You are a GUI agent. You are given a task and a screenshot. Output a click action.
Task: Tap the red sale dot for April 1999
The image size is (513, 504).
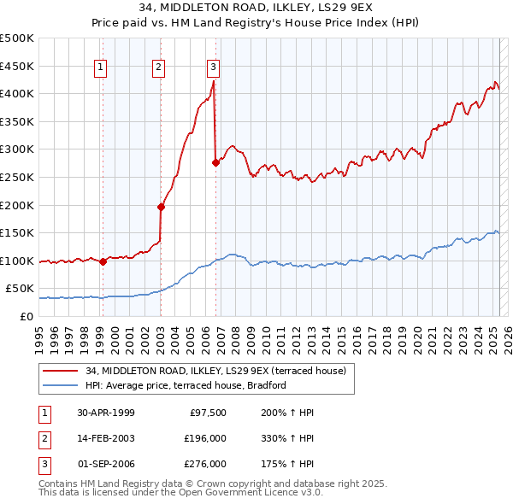point(103,261)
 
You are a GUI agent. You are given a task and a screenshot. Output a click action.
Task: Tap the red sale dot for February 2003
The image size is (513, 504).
point(160,207)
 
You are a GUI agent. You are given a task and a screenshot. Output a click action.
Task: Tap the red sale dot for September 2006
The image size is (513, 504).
point(215,162)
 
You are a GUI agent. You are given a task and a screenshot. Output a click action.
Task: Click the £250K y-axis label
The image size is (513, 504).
point(17,177)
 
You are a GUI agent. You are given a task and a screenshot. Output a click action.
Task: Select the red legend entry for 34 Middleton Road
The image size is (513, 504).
point(215,371)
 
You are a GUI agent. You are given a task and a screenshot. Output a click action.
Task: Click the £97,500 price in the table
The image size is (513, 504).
point(208,413)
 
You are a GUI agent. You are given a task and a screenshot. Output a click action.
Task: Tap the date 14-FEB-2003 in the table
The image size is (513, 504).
point(105,438)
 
